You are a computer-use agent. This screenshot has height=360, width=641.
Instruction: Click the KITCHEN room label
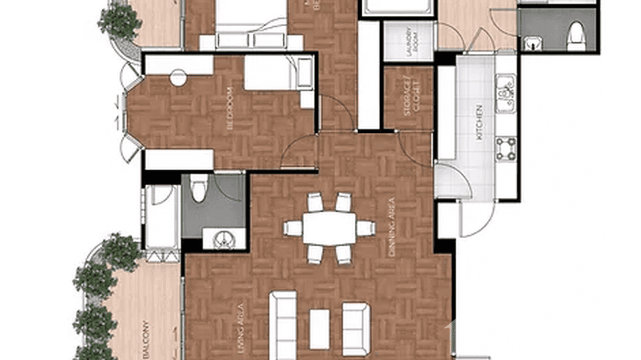pos(479,122)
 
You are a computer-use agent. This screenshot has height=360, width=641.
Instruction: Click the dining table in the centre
pos(329,228)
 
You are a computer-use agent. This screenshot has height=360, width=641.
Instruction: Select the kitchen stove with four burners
pos(506,149)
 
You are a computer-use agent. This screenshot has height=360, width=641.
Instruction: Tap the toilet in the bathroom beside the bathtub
pos(199,188)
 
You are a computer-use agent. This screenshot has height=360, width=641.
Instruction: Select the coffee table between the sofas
pos(319,328)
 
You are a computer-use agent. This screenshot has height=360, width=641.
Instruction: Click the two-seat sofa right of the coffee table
pos(356,329)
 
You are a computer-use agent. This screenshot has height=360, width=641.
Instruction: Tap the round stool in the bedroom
pos(178,77)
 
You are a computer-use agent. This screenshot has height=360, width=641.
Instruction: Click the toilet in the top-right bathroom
pos(576,36)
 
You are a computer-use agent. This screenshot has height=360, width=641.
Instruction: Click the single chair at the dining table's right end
pos(365,228)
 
